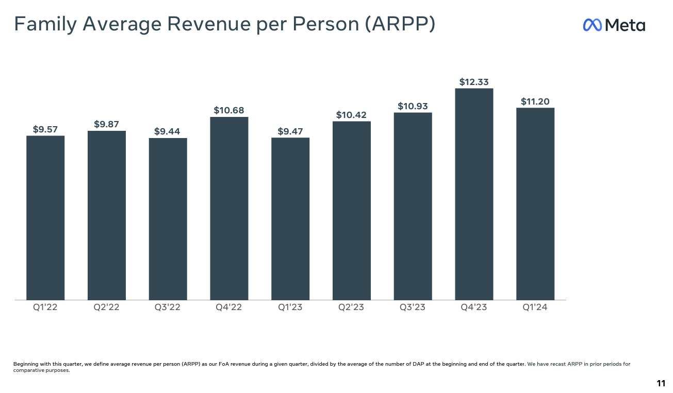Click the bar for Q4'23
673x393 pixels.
pos(474,194)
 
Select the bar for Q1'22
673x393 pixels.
pos(45,218)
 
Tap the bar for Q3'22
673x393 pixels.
pos(168,219)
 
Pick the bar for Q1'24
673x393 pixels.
pos(535,204)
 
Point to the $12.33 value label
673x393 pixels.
pos(474,82)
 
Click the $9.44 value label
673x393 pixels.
pos(168,132)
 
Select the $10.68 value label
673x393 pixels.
pos(229,110)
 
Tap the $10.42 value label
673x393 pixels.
pos(351,115)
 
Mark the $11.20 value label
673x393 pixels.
pos(535,101)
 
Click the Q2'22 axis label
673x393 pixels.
pos(106,307)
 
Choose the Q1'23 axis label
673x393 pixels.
pos(290,307)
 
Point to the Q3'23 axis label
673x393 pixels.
pos(413,307)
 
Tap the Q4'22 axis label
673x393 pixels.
pos(229,307)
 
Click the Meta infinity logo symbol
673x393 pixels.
pos(593,25)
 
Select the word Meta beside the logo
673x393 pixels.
pos(625,25)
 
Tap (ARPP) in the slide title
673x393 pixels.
pos(400,24)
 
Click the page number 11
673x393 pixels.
pos(661,383)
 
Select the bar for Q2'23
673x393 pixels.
pos(351,211)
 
